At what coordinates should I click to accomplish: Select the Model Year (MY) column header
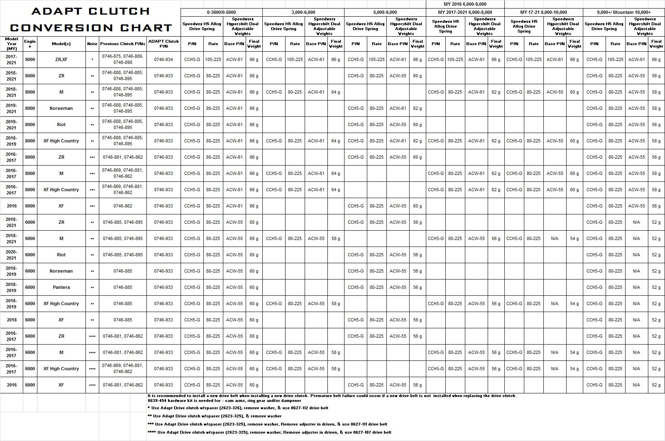[12, 44]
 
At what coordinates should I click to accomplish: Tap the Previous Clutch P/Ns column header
[122, 44]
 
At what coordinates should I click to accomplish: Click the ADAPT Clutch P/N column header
[164, 44]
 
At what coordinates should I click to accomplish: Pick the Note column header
[92, 44]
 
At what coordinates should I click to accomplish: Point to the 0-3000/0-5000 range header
[221, 12]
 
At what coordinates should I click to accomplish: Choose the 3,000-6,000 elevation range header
[303, 12]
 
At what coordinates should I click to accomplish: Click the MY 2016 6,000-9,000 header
[465, 4]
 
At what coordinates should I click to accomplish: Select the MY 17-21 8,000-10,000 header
[543, 12]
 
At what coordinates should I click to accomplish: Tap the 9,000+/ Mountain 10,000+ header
[624, 12]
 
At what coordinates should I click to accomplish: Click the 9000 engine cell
[30, 59]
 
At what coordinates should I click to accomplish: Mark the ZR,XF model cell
[61, 59]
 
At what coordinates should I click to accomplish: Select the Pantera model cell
[61, 287]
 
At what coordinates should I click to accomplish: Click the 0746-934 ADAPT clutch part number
[164, 59]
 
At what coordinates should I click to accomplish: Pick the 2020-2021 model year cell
[12, 255]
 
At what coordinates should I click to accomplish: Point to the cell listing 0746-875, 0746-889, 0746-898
[122, 59]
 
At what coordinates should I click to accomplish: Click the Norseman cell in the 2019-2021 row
[61, 108]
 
